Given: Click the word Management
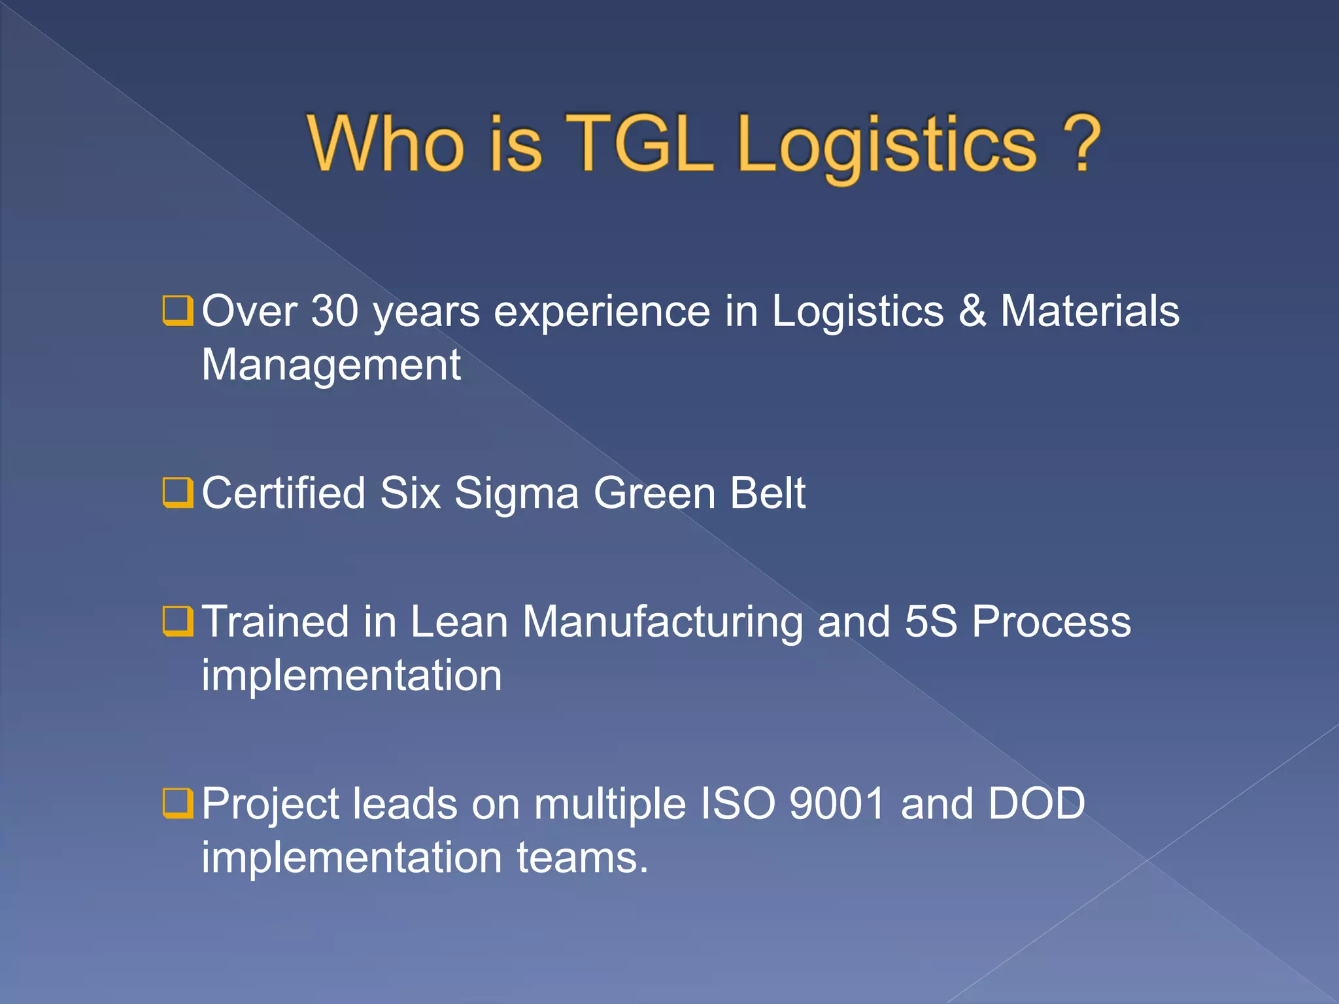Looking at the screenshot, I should (x=331, y=365).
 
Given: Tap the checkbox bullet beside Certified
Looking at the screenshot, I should (x=178, y=493).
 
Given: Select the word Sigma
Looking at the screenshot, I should (x=517, y=494).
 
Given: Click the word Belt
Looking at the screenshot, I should (x=768, y=493).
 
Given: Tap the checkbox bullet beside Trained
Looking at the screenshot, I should (x=178, y=621).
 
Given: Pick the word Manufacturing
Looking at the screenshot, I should (x=662, y=622).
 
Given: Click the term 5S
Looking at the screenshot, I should (x=931, y=621).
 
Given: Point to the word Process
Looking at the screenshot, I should (x=1051, y=621).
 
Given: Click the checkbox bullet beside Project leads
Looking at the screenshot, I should (x=178, y=803).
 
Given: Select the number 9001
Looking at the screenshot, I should (x=838, y=803).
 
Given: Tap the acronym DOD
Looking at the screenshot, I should (x=1036, y=803).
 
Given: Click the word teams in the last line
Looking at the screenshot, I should (x=582, y=858).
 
